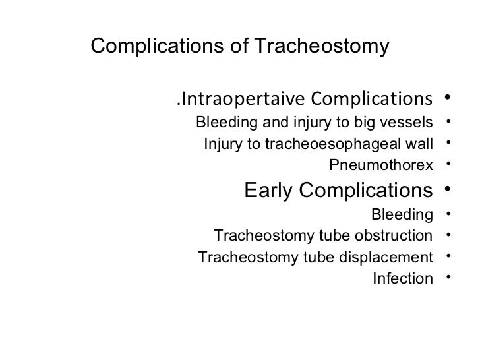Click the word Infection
tap(403, 278)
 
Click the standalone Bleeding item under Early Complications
tap(403, 214)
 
